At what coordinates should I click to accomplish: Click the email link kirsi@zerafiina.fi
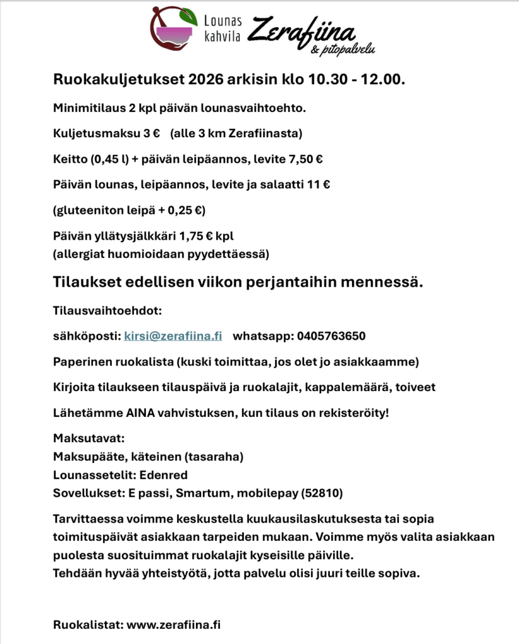[x=173, y=336]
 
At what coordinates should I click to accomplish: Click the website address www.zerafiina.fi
[x=173, y=625]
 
